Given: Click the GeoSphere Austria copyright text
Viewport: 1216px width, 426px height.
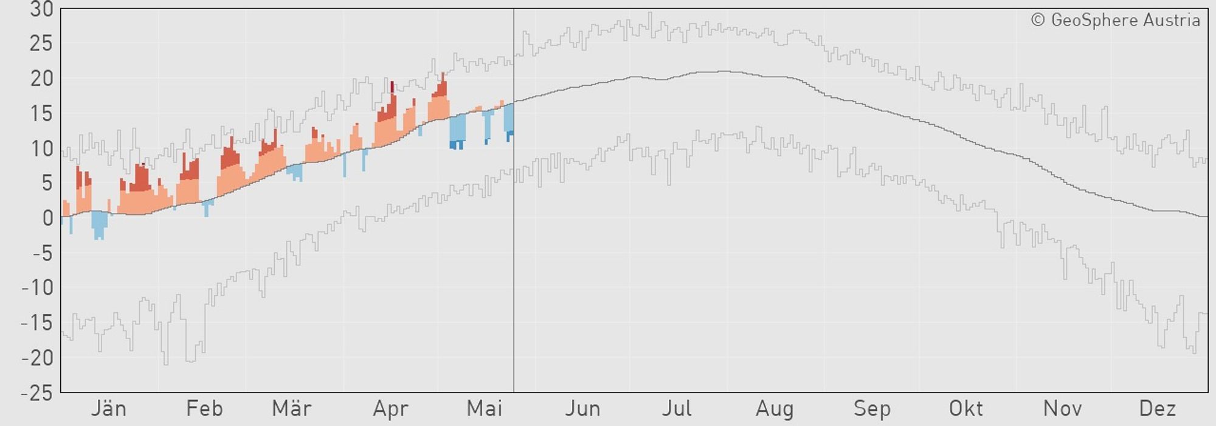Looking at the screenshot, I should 1116,20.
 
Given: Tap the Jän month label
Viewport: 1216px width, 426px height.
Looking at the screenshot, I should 109,408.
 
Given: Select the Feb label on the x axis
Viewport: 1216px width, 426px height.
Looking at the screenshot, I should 204,408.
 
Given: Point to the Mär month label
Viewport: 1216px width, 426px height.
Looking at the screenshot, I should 292,408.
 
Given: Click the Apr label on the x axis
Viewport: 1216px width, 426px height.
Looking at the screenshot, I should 390,408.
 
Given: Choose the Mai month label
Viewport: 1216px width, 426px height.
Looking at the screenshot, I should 485,408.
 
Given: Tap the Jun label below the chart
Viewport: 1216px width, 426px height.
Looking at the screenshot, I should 582,408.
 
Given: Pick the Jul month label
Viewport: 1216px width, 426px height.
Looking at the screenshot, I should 677,408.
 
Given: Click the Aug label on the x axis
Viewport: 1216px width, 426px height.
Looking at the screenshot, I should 775,408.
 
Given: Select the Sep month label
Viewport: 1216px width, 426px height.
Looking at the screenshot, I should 872,408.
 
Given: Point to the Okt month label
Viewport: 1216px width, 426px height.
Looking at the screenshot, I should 966,408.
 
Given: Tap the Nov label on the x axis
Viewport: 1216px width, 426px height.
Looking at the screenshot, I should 1062,408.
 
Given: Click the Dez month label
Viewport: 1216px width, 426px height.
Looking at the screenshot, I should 1157,408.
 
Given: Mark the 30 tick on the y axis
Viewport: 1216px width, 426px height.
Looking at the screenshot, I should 41,9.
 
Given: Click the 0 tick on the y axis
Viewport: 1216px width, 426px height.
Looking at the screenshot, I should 47,218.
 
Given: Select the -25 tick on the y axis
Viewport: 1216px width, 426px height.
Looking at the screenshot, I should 37,393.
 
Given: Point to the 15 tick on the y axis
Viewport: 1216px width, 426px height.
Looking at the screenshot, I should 41,114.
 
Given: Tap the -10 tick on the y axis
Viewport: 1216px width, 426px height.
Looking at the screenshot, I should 37,288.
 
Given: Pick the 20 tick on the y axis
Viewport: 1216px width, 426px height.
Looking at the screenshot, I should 41,79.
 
